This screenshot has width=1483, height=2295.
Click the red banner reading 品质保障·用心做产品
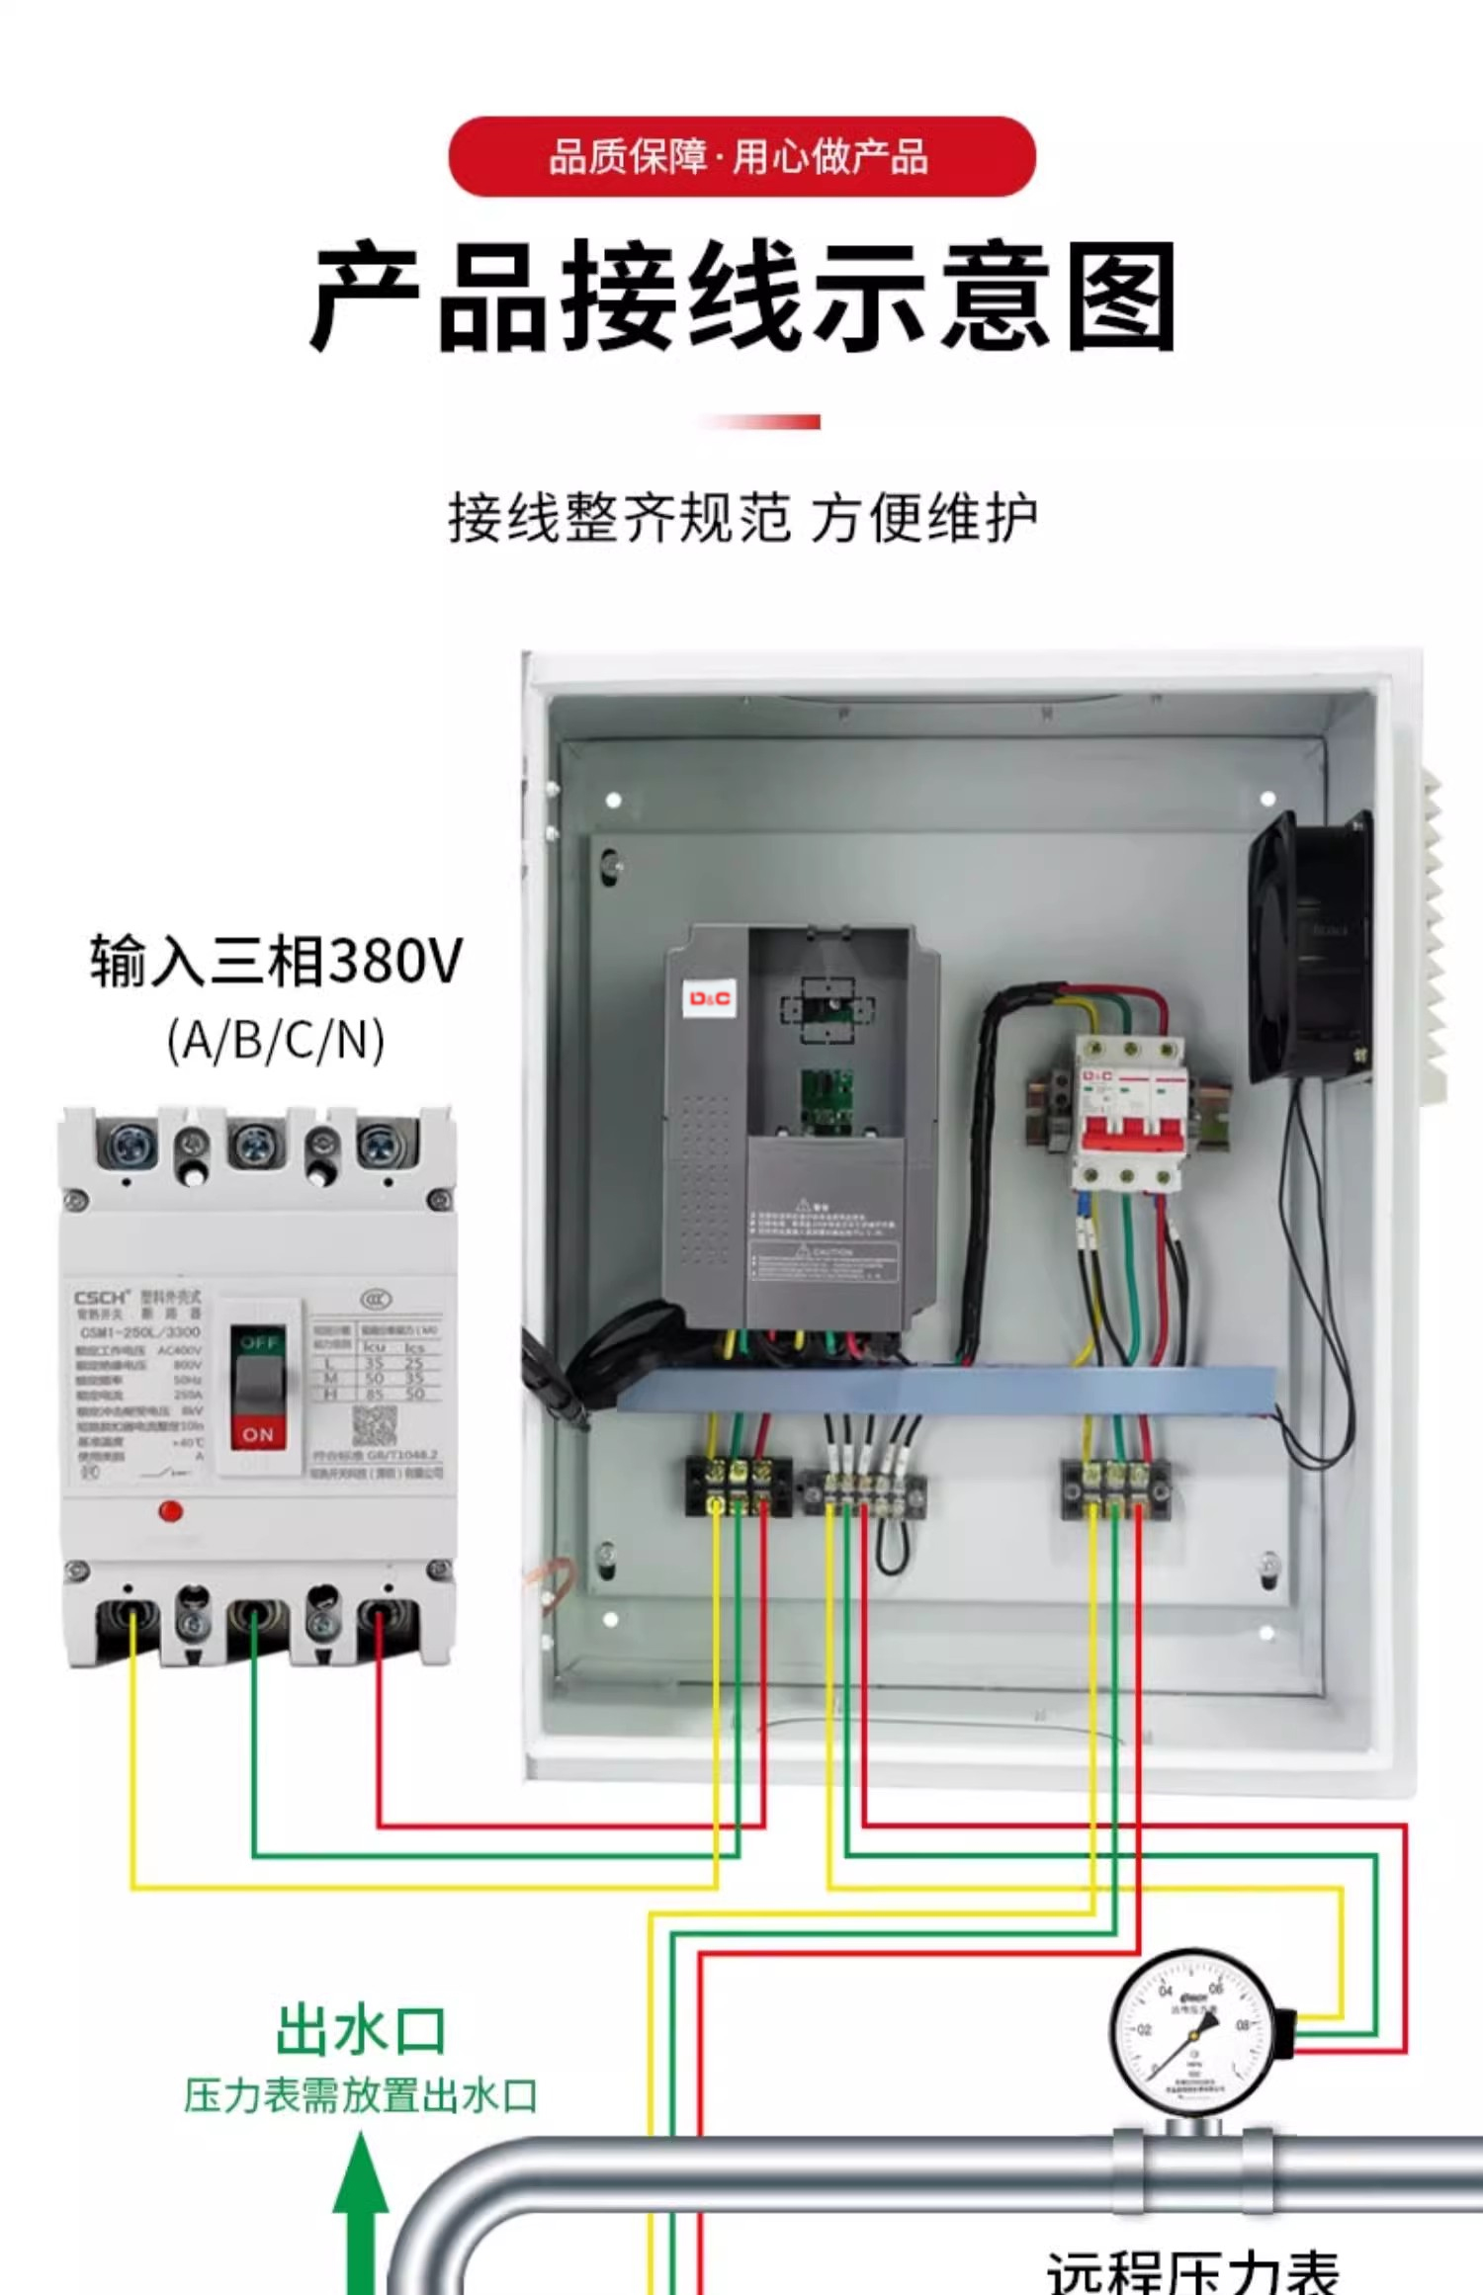[x=741, y=156]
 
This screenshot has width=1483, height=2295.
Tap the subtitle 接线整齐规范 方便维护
[x=741, y=517]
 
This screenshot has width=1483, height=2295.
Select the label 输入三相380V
[x=276, y=960]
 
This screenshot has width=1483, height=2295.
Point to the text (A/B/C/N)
[x=276, y=1040]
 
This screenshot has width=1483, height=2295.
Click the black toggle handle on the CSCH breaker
[x=258, y=1384]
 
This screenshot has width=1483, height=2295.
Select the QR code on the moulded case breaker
[x=375, y=1426]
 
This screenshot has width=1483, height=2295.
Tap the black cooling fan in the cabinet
[x=1310, y=949]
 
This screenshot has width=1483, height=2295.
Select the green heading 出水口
[x=361, y=2031]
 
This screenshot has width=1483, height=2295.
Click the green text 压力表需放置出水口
[x=361, y=2095]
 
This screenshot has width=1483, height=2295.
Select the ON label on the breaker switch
[x=258, y=1434]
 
